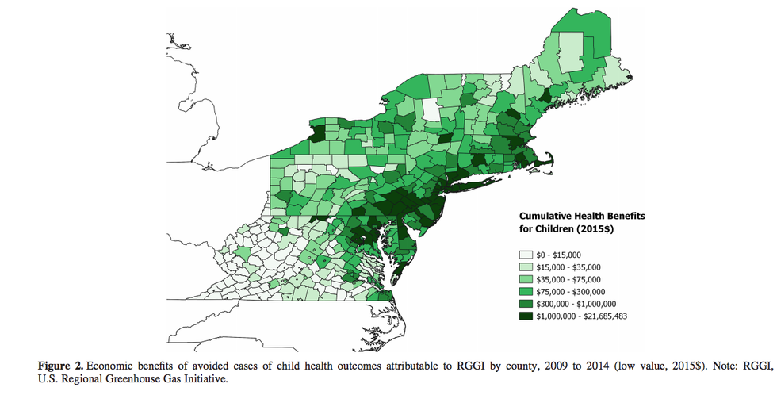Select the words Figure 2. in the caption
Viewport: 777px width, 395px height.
point(61,365)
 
